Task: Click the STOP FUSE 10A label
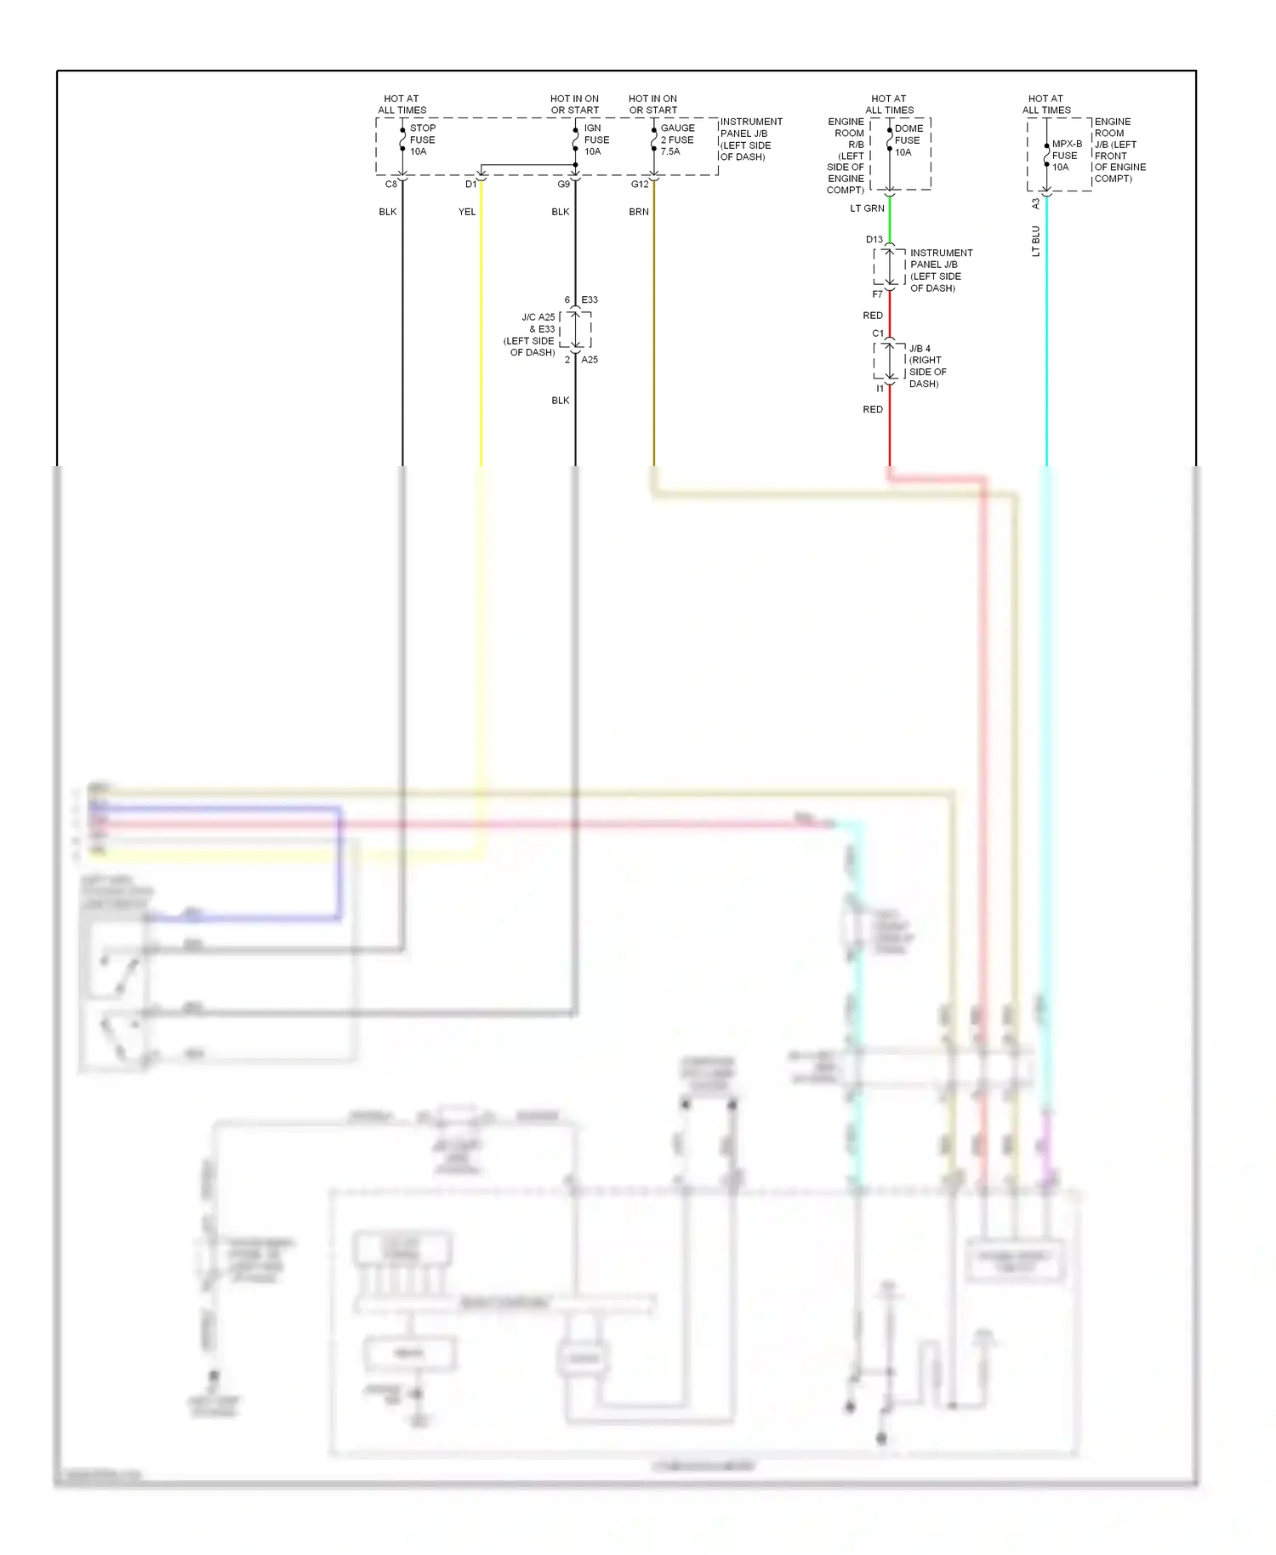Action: (422, 140)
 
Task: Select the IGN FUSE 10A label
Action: (596, 140)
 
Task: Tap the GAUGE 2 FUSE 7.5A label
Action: (677, 140)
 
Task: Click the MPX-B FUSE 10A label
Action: (1066, 156)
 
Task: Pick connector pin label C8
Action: (391, 185)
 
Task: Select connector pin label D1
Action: (470, 185)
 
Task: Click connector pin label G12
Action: (640, 185)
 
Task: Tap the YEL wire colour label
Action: (467, 212)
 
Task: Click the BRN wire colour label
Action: (639, 212)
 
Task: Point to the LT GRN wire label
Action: (867, 208)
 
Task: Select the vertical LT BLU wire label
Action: (1035, 241)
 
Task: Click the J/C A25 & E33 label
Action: (530, 334)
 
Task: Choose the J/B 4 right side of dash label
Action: (926, 366)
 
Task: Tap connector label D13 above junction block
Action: (874, 240)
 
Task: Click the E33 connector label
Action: (590, 300)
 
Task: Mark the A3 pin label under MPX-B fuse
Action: (1035, 204)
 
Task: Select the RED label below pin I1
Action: (873, 409)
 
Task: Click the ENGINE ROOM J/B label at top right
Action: (1119, 150)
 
